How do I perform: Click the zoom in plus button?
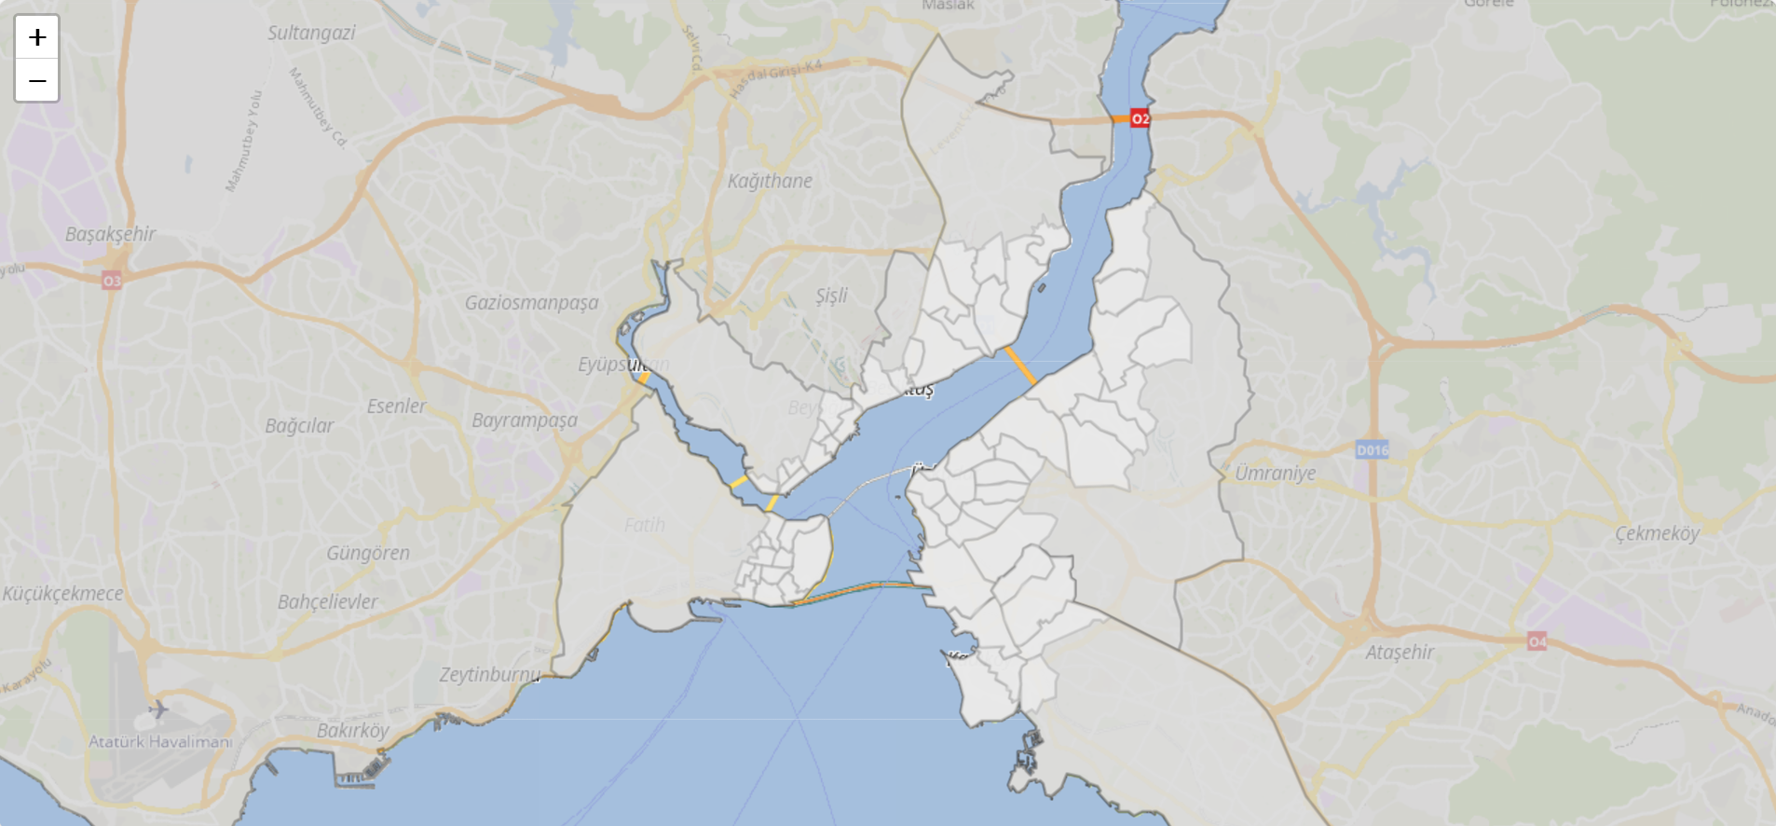coord(37,37)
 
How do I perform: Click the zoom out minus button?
coord(37,80)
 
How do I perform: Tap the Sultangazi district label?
coord(311,34)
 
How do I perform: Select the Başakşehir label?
coord(110,234)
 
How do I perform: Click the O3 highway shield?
coord(112,281)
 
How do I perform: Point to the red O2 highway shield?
coord(1140,118)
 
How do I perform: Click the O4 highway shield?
coord(1537,641)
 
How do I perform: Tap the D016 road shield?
coord(1372,450)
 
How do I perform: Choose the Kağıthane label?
coord(770,181)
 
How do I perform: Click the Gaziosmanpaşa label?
coord(531,303)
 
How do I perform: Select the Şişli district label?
coord(831,296)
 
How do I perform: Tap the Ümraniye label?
coord(1275,474)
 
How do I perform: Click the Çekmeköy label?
coord(1657,533)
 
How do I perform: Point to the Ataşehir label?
coord(1400,653)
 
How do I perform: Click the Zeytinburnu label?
coord(489,674)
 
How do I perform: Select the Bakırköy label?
coord(352,730)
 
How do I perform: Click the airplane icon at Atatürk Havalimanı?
coord(158,709)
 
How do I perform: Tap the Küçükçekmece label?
coord(62,594)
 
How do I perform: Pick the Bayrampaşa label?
coord(524,420)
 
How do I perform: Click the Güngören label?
coord(368,554)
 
